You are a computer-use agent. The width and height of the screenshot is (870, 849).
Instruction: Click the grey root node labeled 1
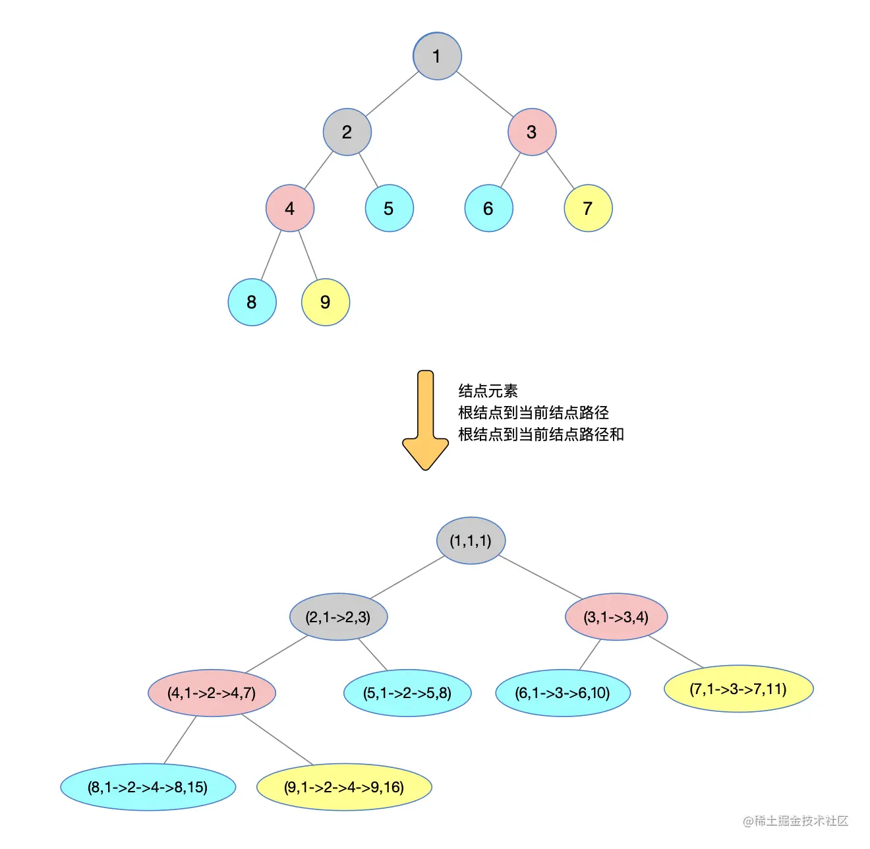point(437,57)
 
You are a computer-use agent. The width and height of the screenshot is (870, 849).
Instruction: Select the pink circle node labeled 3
point(532,132)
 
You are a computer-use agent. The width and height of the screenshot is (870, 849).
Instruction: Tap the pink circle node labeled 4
point(290,208)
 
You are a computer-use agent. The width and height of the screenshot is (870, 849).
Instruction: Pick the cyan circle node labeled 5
point(389,208)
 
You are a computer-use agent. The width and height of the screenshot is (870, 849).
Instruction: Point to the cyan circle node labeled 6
point(488,208)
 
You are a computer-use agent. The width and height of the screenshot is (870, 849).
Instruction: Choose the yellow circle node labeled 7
point(588,208)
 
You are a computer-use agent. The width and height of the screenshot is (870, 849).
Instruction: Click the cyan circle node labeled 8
point(252,302)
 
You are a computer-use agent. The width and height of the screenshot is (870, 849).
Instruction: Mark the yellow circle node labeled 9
point(325,302)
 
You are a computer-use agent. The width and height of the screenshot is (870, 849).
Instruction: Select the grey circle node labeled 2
point(347,132)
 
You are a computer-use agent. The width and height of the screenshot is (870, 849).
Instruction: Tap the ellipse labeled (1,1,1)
point(471,541)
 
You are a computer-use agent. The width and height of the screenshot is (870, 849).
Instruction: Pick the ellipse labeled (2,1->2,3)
point(338,617)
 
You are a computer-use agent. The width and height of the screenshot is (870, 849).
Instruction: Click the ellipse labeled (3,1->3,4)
point(616,617)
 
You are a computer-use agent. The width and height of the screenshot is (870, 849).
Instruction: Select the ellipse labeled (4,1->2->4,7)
point(212,693)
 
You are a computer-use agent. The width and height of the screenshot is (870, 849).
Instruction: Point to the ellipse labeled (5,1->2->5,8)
point(407,693)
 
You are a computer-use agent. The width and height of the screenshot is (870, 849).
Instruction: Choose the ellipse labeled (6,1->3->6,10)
point(563,693)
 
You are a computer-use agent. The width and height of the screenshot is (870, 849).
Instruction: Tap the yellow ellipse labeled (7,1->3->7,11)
point(738,689)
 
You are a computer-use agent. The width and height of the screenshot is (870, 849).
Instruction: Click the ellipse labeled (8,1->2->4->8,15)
point(148,787)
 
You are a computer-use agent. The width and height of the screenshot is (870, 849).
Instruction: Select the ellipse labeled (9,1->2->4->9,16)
point(344,787)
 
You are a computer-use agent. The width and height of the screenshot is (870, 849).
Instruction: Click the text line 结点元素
point(488,391)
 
